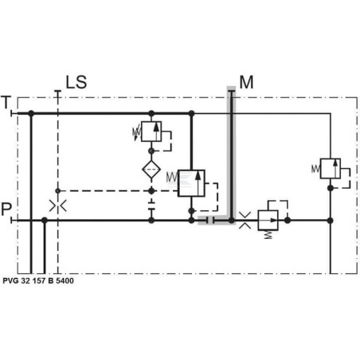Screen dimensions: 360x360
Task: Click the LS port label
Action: click(x=76, y=82)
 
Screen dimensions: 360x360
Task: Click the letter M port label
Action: click(x=246, y=82)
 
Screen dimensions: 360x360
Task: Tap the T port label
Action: click(x=6, y=102)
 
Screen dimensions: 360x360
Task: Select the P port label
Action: click(x=6, y=209)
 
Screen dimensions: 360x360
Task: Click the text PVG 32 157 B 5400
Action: click(x=38, y=280)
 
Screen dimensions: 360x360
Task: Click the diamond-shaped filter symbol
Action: click(x=151, y=169)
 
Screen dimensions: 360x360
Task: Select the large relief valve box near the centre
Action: click(x=191, y=183)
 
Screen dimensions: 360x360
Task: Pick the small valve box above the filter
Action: click(x=151, y=131)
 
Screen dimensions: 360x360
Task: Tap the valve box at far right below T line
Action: click(x=331, y=169)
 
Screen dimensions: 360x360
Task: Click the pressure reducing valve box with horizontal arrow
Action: click(x=268, y=221)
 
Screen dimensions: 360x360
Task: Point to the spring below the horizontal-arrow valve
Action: click(x=268, y=234)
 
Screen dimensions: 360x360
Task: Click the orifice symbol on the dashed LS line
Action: click(x=57, y=205)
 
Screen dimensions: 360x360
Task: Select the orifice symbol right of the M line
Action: click(x=245, y=221)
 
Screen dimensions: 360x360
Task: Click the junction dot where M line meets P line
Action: click(x=232, y=221)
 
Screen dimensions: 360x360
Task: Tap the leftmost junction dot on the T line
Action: click(x=31, y=114)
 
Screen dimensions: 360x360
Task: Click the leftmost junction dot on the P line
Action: click(x=45, y=221)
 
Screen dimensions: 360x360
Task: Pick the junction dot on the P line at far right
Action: click(x=331, y=221)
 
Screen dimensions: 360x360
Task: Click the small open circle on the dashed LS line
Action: click(x=57, y=190)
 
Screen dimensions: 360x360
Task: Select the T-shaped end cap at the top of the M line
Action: click(x=232, y=92)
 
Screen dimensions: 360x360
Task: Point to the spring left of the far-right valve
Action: click(x=315, y=169)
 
